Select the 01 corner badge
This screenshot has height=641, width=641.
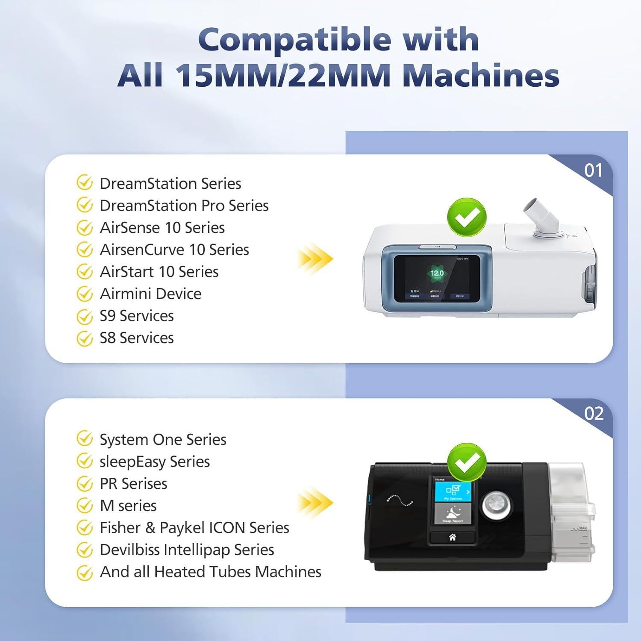pyautogui.click(x=593, y=171)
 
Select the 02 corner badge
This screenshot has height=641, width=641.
pyautogui.click(x=594, y=414)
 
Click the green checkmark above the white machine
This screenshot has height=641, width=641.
pyautogui.click(x=467, y=218)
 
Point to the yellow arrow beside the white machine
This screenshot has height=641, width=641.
pyautogui.click(x=315, y=259)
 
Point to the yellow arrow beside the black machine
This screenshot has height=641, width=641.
pyautogui.click(x=315, y=503)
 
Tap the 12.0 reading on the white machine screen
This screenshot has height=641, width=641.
pyautogui.click(x=437, y=273)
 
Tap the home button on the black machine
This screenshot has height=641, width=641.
pyautogui.click(x=452, y=537)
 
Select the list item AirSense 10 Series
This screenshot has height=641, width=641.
pyautogui.click(x=162, y=228)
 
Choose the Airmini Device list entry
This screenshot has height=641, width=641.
pyautogui.click(x=150, y=294)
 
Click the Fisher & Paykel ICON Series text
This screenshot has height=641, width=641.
pyautogui.click(x=194, y=528)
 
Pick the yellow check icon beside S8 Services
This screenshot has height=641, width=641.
pyautogui.click(x=85, y=338)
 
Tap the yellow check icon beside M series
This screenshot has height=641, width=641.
pyautogui.click(x=85, y=506)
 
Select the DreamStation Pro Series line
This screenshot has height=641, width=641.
pyautogui.click(x=184, y=206)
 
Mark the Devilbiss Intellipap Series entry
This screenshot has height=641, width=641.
pyautogui.click(x=187, y=550)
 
